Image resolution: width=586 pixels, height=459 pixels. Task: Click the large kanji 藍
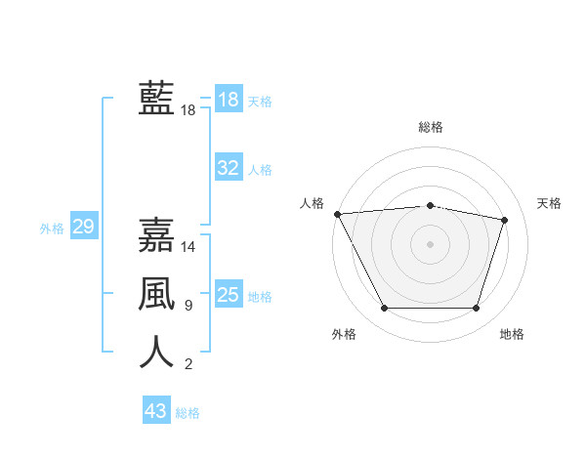pyautogui.click(x=156, y=99)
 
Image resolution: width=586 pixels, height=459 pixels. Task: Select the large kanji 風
pyautogui.click(x=156, y=293)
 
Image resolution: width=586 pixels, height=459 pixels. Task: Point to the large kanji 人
pyautogui.click(x=156, y=352)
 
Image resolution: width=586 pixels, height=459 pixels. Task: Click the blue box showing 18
pyautogui.click(x=229, y=100)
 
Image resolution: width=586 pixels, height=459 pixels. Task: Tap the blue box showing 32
pyautogui.click(x=229, y=168)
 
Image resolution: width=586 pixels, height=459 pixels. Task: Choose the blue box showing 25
pyautogui.click(x=229, y=295)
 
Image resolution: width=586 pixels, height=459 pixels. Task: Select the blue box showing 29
pyautogui.click(x=83, y=228)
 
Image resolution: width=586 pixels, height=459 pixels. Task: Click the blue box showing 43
pyautogui.click(x=156, y=411)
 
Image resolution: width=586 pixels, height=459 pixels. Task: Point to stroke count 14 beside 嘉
pyautogui.click(x=188, y=247)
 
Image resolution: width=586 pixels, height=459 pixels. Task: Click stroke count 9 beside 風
pyautogui.click(x=188, y=306)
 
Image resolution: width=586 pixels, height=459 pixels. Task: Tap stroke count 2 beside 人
pyautogui.click(x=188, y=365)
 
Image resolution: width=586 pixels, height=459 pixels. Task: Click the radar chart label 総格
pyautogui.click(x=431, y=127)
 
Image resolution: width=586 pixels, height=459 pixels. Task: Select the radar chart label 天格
pyautogui.click(x=550, y=203)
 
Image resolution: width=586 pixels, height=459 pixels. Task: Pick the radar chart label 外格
pyautogui.click(x=344, y=334)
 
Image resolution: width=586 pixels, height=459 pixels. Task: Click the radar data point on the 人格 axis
pyautogui.click(x=337, y=214)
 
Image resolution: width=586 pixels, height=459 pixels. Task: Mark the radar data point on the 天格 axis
pyautogui.click(x=504, y=220)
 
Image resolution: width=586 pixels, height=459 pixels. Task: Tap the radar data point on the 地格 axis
pyautogui.click(x=476, y=308)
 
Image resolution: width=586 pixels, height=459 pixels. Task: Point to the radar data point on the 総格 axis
pyautogui.click(x=431, y=205)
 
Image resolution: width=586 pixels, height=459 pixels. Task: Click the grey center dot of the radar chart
pyautogui.click(x=431, y=244)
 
